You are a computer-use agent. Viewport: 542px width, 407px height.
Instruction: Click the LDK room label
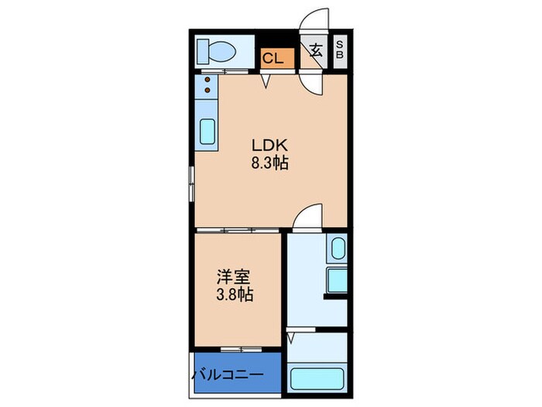tap(269, 145)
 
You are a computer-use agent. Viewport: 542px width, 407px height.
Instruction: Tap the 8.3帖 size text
tap(269, 164)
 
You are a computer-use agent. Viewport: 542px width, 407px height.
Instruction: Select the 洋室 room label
tap(232, 277)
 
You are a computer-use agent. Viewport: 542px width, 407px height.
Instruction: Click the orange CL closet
tap(276, 57)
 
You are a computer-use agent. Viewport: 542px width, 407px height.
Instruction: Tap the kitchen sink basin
tap(208, 132)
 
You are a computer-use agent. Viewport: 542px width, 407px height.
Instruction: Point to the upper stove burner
tap(207, 81)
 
